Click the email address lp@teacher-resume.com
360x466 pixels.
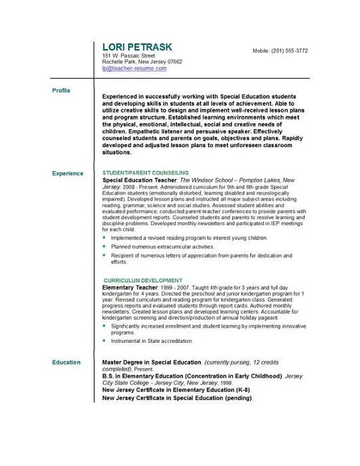[x=134, y=69]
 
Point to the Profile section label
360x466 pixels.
[x=61, y=90]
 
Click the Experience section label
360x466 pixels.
[x=68, y=174]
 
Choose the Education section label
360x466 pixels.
[x=66, y=362]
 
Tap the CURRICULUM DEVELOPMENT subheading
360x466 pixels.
[x=144, y=280]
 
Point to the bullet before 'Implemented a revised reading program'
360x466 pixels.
[x=104, y=238]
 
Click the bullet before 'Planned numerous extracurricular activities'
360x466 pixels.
[x=104, y=247]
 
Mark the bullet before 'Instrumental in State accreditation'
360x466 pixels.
[x=104, y=341]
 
